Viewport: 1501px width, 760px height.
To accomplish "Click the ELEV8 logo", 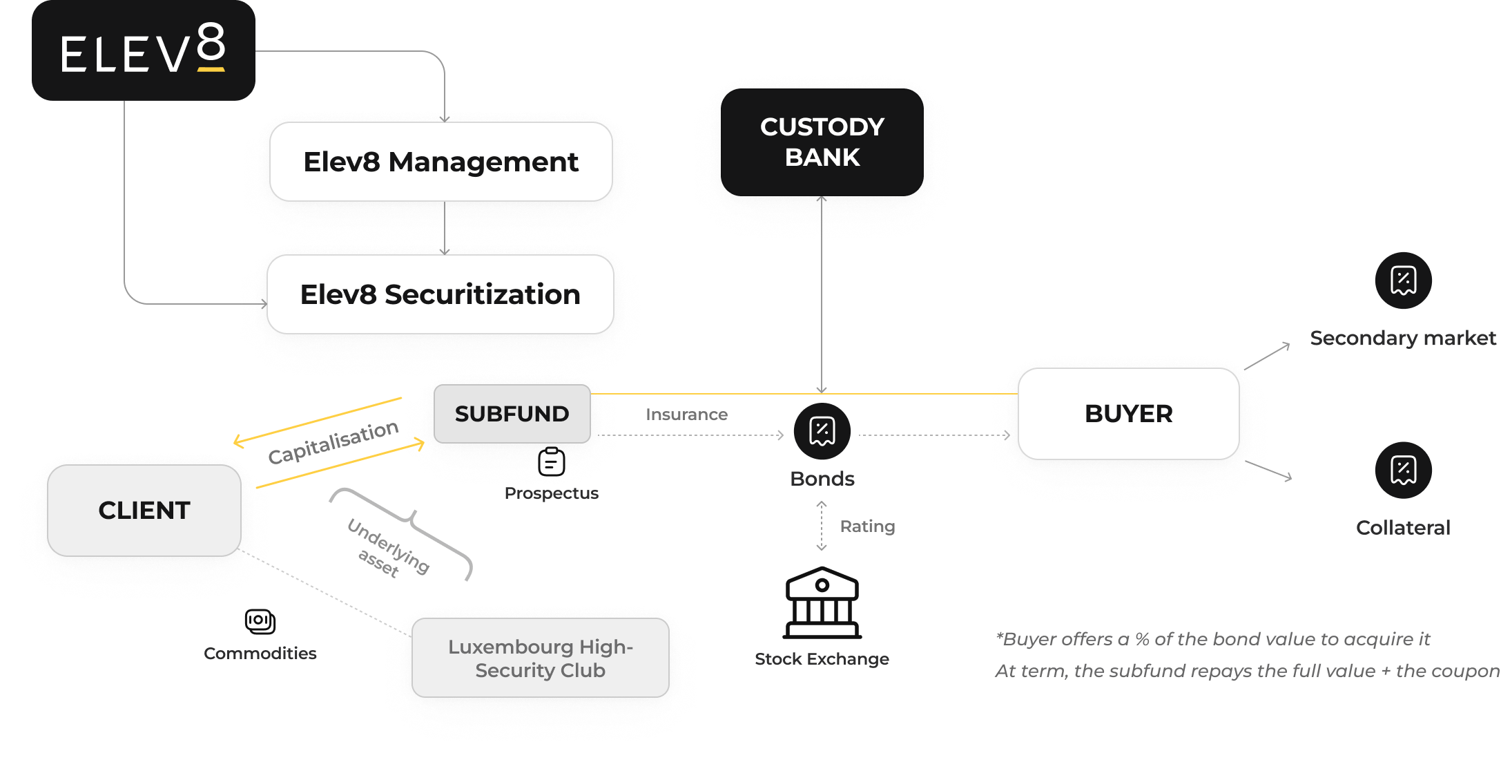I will [x=143, y=50].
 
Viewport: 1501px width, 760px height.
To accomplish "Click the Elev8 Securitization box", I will [x=440, y=294].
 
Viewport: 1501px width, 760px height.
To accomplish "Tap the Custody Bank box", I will [x=822, y=142].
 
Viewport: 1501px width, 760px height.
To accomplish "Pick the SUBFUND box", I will [x=512, y=414].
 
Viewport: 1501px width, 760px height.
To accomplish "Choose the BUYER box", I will [x=1128, y=414].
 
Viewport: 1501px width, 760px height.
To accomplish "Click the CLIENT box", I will [x=144, y=511].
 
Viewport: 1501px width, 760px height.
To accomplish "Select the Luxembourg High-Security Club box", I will [x=540, y=658].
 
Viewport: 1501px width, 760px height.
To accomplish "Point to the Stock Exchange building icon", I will [x=822, y=602].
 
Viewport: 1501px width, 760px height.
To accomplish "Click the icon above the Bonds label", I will [x=822, y=431].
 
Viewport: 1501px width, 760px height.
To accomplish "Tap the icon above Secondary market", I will [x=1403, y=281].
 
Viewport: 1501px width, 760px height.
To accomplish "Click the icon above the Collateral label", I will [x=1403, y=470].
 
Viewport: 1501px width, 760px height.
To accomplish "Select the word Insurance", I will [x=686, y=415].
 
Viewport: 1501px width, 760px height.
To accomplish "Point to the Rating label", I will [x=867, y=526].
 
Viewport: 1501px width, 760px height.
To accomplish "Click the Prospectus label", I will [x=551, y=493].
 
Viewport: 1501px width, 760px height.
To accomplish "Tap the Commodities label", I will [x=260, y=654].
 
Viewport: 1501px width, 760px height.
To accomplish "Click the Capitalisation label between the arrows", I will [x=333, y=442].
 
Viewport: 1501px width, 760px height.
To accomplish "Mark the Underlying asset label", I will [x=387, y=548].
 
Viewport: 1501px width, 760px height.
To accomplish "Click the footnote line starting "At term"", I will [x=1246, y=671].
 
